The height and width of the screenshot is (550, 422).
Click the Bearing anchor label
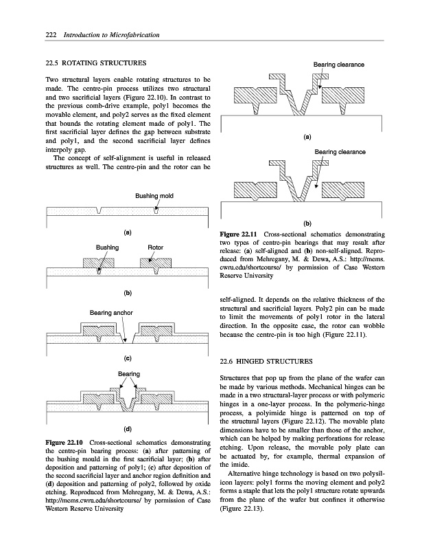pyautogui.click(x=110, y=313)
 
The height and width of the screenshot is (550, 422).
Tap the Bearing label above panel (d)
pyautogui.click(x=129, y=374)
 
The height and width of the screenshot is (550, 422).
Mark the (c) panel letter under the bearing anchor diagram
pyautogui.click(x=128, y=357)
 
